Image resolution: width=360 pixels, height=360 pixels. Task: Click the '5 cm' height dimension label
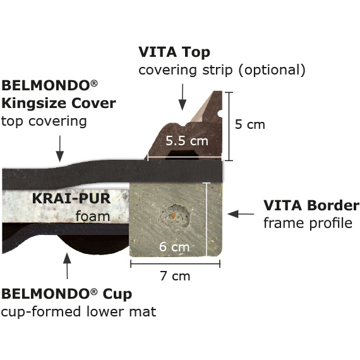(x=250, y=124)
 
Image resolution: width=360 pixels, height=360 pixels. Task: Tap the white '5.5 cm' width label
(x=187, y=141)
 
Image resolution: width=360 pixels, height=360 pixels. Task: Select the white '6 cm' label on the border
(x=174, y=247)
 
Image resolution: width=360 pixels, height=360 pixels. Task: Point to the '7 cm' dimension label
(x=175, y=276)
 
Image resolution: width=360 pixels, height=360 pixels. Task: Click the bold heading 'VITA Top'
(x=174, y=52)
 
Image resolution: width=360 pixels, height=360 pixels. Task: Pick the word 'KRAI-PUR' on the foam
(x=71, y=198)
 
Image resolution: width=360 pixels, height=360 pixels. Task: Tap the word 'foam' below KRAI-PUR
(x=93, y=216)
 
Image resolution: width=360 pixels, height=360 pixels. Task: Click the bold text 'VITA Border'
(x=311, y=205)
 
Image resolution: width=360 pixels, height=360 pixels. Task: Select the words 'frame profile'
(x=308, y=223)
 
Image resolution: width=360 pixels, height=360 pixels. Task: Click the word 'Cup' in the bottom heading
(x=117, y=294)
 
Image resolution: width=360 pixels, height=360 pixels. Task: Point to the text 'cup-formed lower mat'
(x=78, y=312)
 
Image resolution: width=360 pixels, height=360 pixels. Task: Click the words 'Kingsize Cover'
(x=59, y=104)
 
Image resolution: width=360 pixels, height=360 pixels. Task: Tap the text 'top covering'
(x=44, y=121)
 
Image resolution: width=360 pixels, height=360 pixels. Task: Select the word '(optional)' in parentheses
(x=272, y=70)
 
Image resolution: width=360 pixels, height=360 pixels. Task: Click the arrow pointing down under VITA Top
(x=183, y=97)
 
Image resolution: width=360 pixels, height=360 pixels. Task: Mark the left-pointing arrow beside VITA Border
(x=241, y=214)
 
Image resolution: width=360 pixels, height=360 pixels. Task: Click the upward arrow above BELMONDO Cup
(x=67, y=266)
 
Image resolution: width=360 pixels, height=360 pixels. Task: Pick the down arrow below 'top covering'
(x=60, y=148)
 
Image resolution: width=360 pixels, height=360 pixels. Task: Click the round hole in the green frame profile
(x=176, y=216)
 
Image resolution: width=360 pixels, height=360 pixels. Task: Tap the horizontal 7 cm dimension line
(x=176, y=264)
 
